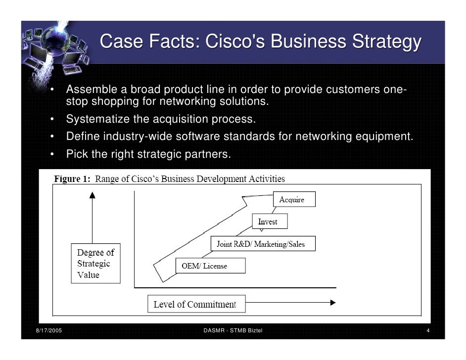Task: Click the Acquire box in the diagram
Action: click(x=294, y=199)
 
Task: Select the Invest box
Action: click(x=269, y=222)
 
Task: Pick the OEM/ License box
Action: click(x=210, y=266)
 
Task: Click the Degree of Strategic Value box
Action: click(x=95, y=264)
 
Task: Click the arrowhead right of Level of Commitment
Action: click(x=333, y=302)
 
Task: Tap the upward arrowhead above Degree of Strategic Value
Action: click(x=92, y=195)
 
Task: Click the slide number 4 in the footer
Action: click(x=428, y=330)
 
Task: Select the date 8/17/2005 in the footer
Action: click(x=48, y=330)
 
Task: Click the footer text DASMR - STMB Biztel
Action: click(x=233, y=330)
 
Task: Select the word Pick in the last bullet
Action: click(x=77, y=154)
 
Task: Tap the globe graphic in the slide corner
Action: click(x=53, y=41)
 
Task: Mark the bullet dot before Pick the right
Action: click(x=52, y=154)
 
